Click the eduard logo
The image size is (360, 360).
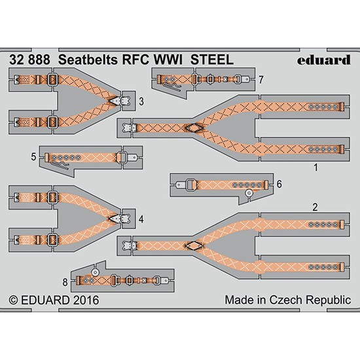(324, 60)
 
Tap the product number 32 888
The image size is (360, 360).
(29, 60)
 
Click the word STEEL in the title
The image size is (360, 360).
(212, 60)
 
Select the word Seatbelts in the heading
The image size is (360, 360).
(88, 60)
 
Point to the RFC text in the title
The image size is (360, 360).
(136, 60)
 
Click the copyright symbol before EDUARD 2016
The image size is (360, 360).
(13, 300)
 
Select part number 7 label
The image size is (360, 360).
(261, 80)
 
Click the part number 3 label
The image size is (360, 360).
(141, 101)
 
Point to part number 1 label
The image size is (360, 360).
(316, 168)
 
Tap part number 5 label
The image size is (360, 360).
(34, 157)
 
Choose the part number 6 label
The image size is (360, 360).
(279, 184)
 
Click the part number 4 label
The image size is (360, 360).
(141, 219)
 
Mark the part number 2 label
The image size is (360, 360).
(315, 207)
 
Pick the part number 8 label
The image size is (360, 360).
(65, 282)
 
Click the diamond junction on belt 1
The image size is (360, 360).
(194, 128)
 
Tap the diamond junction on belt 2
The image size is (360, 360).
(194, 246)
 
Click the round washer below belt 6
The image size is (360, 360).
(249, 194)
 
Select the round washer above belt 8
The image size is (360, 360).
(95, 272)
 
